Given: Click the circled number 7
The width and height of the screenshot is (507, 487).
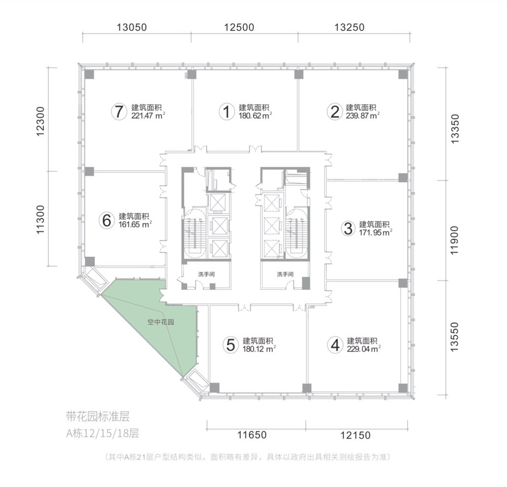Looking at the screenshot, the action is point(119,112).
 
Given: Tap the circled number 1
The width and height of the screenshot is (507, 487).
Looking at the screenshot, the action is point(227,112).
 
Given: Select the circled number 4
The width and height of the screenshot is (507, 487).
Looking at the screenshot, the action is point(335,345).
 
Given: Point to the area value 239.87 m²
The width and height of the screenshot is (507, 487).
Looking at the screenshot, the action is point(363,116).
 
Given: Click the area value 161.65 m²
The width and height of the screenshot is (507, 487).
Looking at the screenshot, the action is point(135,224).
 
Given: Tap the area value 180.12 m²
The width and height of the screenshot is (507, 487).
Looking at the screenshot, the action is point(259,349).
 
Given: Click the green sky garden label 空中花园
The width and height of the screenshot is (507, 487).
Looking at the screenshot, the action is point(161,322).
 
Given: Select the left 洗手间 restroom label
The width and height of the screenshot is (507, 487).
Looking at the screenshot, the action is point(206,274).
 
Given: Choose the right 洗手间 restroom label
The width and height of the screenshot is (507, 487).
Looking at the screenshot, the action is point(285,274).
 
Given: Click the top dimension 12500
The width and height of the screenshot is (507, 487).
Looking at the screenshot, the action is point(239,27).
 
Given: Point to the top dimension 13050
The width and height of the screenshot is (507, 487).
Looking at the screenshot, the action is point(132,27).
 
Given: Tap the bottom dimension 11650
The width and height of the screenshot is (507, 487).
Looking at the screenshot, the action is point(252,435).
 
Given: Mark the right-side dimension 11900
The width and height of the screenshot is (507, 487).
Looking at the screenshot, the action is point(454,240).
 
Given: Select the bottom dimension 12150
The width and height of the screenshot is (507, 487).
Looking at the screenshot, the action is point(355,435).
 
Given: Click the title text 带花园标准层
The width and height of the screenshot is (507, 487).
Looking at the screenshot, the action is point(98,416).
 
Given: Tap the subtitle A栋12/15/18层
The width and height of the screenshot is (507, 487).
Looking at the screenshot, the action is point(102,433).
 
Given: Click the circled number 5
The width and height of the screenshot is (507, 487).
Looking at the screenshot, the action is point(231,345).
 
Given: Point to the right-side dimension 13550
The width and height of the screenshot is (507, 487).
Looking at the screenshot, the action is point(454,337).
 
